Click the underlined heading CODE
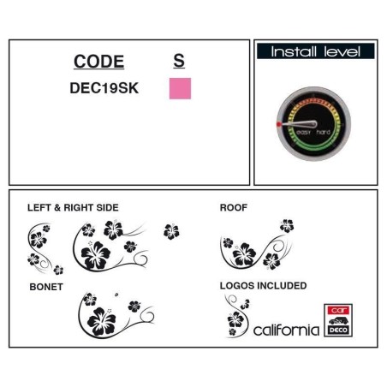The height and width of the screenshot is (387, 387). tap(98, 62)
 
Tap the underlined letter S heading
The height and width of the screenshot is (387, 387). tap(179, 61)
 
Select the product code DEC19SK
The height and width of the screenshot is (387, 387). tap(104, 88)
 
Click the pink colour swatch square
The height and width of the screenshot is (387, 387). tap(180, 88)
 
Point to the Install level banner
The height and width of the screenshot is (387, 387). tap(316, 51)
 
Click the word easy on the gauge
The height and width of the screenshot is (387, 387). tap(303, 132)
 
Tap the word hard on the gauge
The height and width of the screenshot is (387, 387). tap(324, 132)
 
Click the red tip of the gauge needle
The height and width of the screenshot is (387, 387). tap(279, 124)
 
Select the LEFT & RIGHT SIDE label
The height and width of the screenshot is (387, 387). tap(73, 207)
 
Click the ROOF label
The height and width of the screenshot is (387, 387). tap(234, 207)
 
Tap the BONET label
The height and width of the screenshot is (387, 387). tap(46, 287)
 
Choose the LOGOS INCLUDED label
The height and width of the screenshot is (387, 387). tap(263, 285)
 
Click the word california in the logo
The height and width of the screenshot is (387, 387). tap(286, 330)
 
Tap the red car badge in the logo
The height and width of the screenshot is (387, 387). tap(338, 310)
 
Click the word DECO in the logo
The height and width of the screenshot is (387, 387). tap(338, 330)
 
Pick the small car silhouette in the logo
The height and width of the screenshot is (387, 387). tap(338, 320)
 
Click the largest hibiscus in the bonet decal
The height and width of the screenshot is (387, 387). tap(102, 321)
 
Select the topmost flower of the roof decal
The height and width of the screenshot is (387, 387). tap(287, 226)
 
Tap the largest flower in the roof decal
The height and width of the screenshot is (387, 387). tap(244, 254)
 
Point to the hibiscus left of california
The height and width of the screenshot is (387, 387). tap(235, 319)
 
